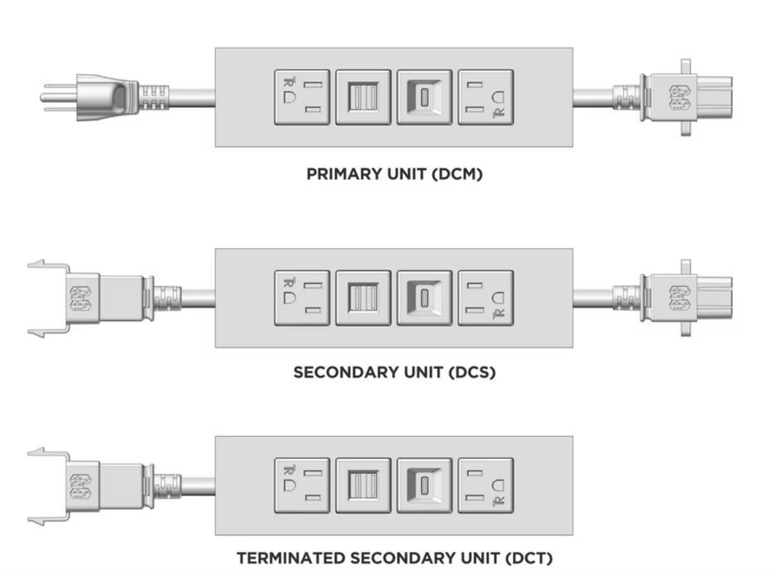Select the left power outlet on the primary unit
302,97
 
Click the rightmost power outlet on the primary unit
486,97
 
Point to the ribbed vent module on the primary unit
363,97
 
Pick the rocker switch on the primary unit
424,97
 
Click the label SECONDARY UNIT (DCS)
395,372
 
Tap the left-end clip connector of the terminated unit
83,486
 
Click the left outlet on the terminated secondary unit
302,485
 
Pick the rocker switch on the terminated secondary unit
424,485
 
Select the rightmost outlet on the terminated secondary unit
486,485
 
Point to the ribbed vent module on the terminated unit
363,485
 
